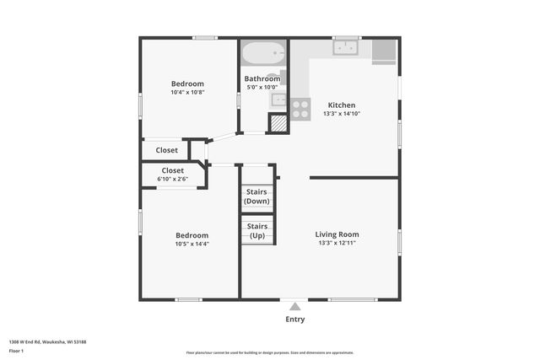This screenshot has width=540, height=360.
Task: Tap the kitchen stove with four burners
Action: click(x=300, y=107)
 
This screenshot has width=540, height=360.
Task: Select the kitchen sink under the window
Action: click(x=346, y=48)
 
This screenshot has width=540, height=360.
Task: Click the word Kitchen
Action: click(x=342, y=105)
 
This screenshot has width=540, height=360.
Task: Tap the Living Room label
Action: click(x=337, y=234)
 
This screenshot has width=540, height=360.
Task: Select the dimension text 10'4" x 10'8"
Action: click(x=187, y=93)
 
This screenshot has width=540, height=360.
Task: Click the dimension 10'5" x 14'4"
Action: click(x=192, y=244)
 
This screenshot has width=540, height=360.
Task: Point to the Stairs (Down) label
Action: click(x=257, y=196)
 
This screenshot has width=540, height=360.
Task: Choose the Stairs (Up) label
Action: click(x=257, y=230)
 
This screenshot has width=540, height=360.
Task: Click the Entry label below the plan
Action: click(x=294, y=320)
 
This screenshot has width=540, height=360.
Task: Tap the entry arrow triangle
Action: click(x=294, y=306)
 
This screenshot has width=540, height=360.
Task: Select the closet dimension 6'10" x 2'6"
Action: click(x=173, y=179)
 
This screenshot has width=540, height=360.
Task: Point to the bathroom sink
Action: click(x=278, y=99)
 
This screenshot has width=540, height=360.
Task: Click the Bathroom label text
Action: click(x=262, y=79)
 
